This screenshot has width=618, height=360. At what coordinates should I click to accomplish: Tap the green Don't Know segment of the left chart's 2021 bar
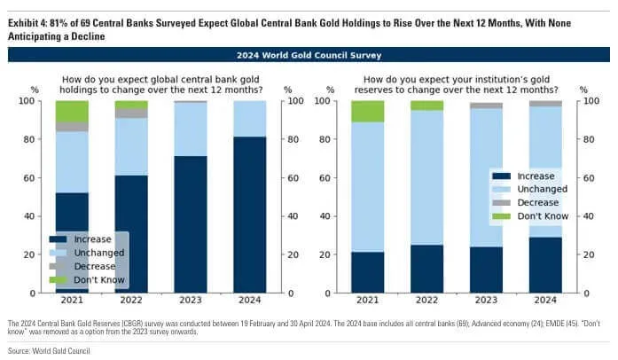72,111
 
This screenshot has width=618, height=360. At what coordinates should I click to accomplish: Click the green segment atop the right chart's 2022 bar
426,106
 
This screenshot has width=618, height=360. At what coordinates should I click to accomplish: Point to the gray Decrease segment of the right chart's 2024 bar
545,104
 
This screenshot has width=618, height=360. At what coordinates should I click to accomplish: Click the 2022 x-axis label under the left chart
131,301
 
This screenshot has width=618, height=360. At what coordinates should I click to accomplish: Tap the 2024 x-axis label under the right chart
545,301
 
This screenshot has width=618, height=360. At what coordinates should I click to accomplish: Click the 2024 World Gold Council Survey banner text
309,55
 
